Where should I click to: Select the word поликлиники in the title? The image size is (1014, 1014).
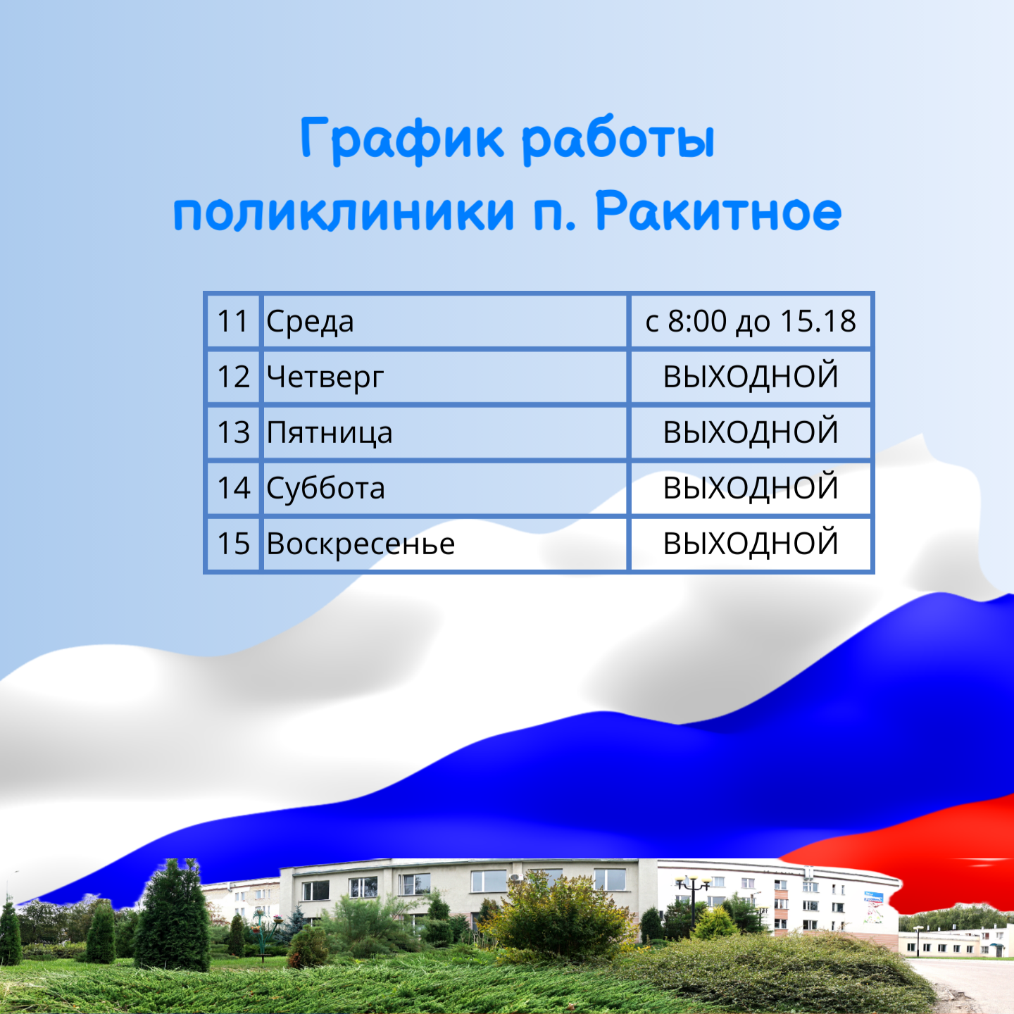coord(344,213)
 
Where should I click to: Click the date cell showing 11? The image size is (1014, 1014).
coord(233,321)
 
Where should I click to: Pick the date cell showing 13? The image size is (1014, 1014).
coord(233,432)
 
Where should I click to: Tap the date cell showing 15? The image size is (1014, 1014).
coord(233,544)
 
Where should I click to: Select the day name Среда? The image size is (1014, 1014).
coord(310,322)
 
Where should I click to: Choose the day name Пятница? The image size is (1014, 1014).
coord(330,433)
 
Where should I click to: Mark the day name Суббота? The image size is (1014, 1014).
coord(326,488)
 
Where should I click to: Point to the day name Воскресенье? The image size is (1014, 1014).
coord(361,544)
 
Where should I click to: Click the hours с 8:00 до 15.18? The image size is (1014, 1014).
coord(751,321)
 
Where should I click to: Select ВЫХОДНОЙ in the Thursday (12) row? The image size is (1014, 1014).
coord(751,376)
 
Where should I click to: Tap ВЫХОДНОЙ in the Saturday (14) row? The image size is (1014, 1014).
coord(751,487)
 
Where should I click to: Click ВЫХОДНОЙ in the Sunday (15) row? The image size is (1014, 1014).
coord(751,543)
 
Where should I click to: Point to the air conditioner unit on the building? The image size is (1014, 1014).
coord(516,877)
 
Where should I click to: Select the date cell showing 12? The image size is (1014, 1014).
coord(233,377)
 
